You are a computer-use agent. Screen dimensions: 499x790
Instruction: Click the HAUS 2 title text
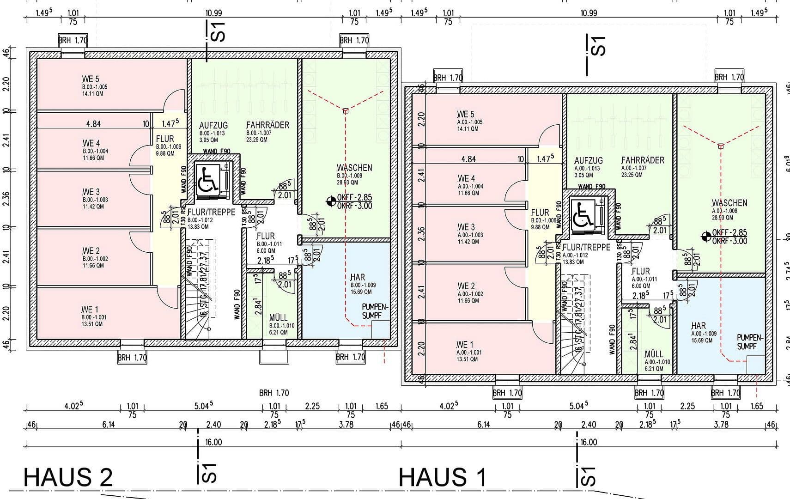[x=68, y=477]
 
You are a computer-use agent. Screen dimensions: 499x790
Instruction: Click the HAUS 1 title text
[x=442, y=477]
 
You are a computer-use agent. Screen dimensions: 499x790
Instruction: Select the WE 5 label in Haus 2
[x=91, y=79]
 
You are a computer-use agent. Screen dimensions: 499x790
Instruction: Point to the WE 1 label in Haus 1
[x=465, y=345]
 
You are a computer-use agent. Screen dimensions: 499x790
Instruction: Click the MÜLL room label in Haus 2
[x=278, y=318]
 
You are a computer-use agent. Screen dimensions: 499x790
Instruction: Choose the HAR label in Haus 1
[x=699, y=326]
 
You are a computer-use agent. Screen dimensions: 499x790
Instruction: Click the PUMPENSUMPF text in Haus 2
[x=376, y=311]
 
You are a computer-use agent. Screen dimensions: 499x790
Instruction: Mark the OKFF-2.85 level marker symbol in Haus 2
[x=331, y=201]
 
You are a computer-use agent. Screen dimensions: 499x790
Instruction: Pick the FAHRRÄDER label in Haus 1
[x=643, y=160]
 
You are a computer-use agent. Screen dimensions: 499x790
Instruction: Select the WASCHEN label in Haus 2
[x=354, y=168]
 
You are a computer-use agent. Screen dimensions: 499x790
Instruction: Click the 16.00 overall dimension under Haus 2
[x=213, y=442]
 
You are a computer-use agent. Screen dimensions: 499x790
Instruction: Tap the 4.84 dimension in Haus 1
[x=468, y=159]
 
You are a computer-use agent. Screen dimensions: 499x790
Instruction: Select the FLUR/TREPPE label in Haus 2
[x=211, y=212]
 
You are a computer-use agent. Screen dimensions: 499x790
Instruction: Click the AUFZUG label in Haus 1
[x=588, y=161]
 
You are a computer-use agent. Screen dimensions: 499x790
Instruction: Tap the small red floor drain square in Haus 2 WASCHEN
[x=346, y=110]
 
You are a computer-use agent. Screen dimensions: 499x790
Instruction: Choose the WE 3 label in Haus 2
[x=91, y=192]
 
